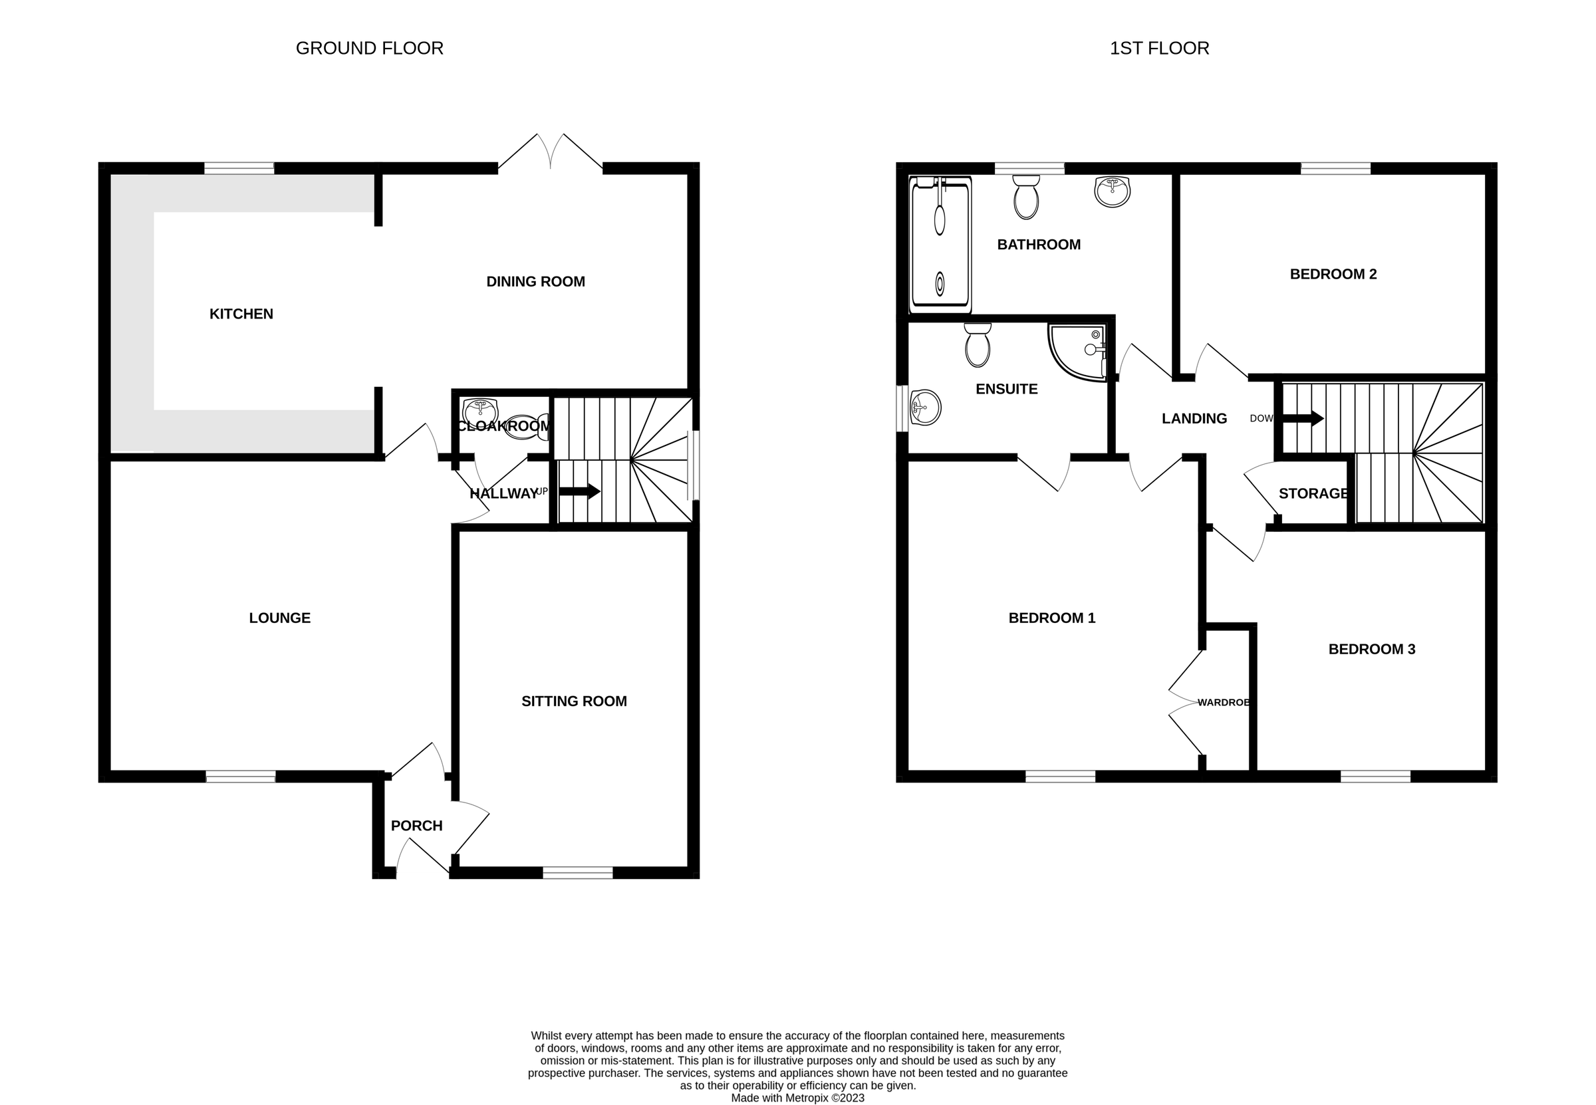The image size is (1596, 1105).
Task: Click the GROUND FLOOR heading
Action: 369,49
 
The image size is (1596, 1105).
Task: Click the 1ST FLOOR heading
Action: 1159,49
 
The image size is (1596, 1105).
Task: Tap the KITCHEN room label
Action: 241,314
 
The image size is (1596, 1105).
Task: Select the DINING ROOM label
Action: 535,282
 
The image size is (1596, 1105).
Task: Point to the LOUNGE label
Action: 280,618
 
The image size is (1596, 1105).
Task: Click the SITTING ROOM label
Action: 574,701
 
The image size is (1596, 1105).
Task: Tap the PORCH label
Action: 416,826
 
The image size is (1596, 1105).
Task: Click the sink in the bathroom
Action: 1112,191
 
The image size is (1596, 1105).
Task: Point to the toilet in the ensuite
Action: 977,346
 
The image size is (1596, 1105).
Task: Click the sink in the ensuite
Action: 925,408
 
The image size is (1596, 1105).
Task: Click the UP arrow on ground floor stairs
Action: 579,491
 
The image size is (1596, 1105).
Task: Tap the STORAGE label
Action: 1313,493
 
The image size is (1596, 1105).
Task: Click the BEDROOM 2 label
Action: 1333,274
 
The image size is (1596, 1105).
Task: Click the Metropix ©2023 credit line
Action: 797,1098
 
